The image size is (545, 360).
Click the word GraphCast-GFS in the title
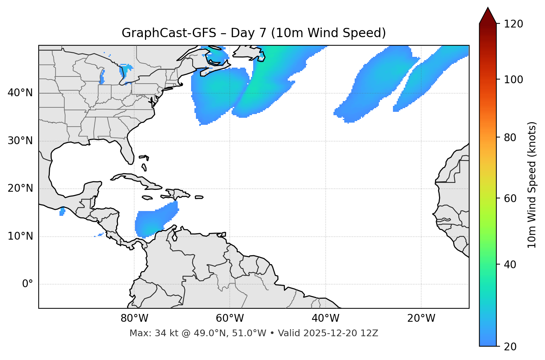(x=169, y=33)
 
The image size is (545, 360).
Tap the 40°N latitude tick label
(x=20, y=93)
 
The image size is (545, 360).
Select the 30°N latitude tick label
(x=20, y=141)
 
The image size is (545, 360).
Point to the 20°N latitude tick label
(x=20, y=188)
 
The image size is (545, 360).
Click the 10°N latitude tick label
(x=20, y=236)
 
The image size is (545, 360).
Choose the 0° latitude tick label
(x=28, y=284)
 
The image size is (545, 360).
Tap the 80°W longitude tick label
(x=134, y=318)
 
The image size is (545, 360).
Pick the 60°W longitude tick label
(x=230, y=318)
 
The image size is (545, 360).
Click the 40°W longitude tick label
(x=325, y=318)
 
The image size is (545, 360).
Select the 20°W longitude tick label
(x=421, y=318)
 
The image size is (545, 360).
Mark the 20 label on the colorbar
(x=510, y=347)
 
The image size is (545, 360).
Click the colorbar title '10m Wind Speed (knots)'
(x=532, y=185)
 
